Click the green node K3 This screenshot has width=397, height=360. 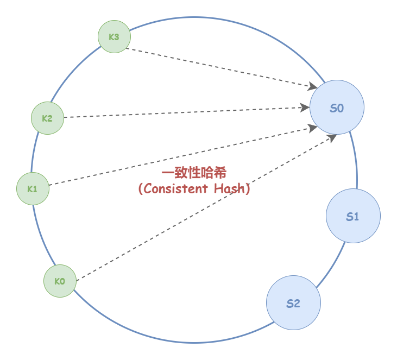(114, 37)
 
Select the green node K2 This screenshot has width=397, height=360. (48, 118)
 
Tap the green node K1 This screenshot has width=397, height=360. (33, 188)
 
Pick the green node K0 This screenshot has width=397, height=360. (60, 281)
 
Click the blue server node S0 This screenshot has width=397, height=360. (337, 108)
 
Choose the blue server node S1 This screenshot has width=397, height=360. (353, 216)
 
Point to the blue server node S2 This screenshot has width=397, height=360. (293, 303)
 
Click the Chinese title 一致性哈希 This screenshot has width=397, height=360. (194, 173)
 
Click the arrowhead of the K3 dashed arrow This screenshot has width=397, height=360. (313, 86)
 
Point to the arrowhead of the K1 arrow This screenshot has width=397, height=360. (313, 128)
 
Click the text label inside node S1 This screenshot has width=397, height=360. (353, 217)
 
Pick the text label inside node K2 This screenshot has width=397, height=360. (47, 118)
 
